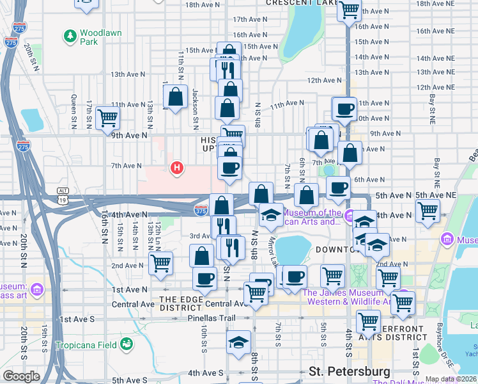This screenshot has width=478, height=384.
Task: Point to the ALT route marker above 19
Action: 63,191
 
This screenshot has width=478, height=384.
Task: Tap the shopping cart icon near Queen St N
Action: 108,118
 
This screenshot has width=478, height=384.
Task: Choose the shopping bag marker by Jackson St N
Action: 175,97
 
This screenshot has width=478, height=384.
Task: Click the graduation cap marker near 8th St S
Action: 238,340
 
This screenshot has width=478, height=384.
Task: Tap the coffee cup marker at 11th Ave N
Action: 344,108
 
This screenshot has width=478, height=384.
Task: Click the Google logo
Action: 21,376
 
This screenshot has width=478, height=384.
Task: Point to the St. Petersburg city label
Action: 349,371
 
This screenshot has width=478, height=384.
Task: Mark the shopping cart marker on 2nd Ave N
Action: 160,262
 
